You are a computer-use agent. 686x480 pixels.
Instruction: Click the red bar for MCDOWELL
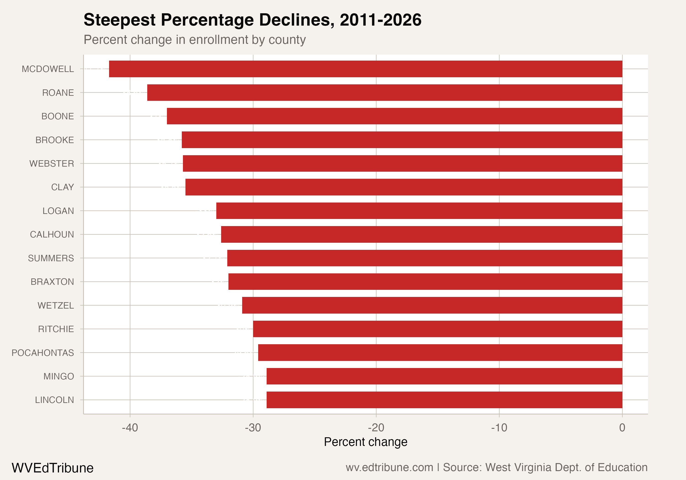(x=366, y=69)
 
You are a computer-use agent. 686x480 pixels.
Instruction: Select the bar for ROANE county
(x=385, y=93)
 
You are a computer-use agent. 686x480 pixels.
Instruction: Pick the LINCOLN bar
(x=444, y=400)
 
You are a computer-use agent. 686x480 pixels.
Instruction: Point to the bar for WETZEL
(x=432, y=305)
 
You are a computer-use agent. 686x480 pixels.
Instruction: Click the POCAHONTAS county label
(x=43, y=353)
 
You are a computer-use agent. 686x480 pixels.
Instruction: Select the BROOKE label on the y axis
(x=55, y=140)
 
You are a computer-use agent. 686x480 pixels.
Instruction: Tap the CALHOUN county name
(x=52, y=235)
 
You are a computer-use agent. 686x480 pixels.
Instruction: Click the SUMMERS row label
(x=51, y=258)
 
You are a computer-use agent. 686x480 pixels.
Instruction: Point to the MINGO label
(x=59, y=376)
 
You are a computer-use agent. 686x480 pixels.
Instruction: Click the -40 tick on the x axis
(x=130, y=428)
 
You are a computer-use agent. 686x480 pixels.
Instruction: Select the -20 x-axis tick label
(x=376, y=428)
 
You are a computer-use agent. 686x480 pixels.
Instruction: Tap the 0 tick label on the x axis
(x=622, y=428)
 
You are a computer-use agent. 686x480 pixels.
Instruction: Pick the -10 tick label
(x=499, y=428)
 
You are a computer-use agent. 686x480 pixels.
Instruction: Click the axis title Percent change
(x=365, y=442)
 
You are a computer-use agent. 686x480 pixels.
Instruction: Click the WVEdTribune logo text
(x=53, y=468)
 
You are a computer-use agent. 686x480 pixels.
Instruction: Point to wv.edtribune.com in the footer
(x=389, y=467)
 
